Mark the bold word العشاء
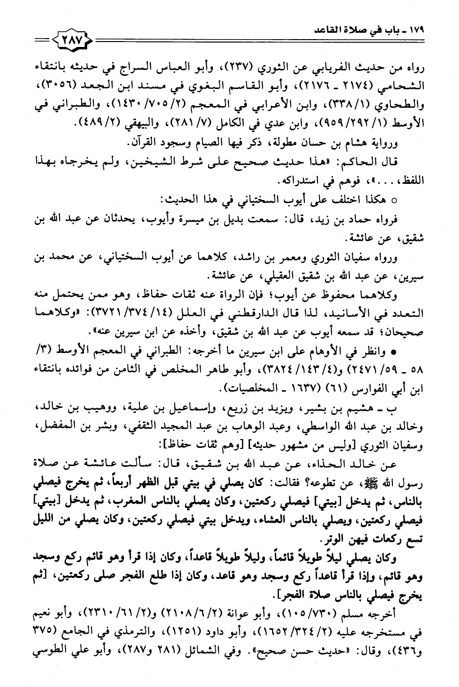coord(263,519)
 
